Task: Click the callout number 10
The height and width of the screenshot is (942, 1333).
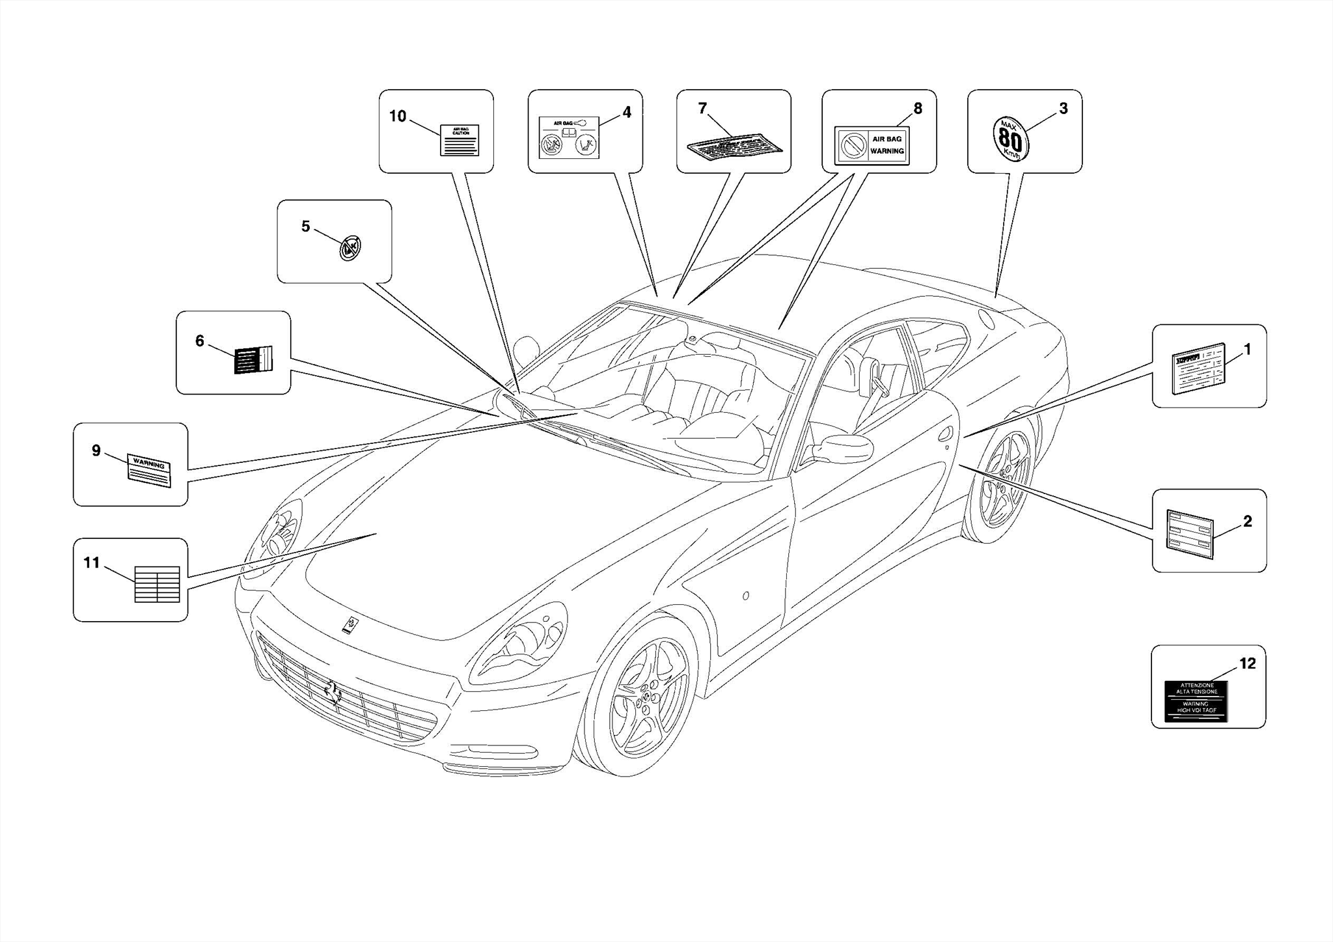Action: (398, 117)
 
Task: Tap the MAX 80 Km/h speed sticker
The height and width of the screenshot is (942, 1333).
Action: (1010, 139)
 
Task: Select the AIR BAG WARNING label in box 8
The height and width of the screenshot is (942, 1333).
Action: (872, 145)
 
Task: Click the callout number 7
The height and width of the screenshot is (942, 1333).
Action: (702, 109)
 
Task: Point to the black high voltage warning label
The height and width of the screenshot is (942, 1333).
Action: (1196, 701)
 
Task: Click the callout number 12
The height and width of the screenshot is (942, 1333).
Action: (1247, 664)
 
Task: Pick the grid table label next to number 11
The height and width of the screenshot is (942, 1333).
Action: (157, 584)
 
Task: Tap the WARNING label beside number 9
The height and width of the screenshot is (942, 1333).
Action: (149, 470)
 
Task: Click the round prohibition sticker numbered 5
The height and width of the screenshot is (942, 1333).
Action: (350, 248)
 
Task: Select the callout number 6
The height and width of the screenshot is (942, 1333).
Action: (200, 341)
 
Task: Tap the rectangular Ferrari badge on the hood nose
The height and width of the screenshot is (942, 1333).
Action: (351, 624)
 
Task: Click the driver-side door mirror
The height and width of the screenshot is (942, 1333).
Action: (845, 449)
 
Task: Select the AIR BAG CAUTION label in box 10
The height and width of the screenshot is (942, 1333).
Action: (460, 140)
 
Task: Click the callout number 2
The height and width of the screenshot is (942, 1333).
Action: (1247, 521)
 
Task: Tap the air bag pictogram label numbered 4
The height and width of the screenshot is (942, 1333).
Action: (569, 137)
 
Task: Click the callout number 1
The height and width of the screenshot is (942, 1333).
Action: (1247, 350)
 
